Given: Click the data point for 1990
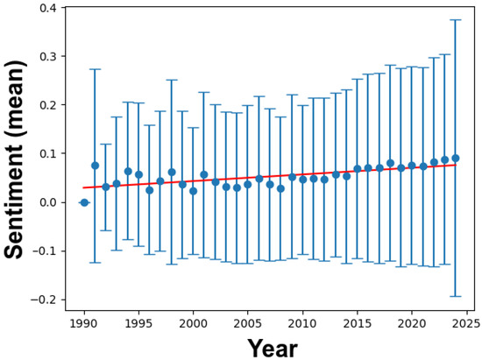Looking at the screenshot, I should [x=84, y=202].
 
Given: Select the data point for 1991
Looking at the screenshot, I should [x=95, y=166].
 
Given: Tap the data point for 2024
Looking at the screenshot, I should [x=455, y=159].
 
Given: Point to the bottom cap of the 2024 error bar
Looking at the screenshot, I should [x=455, y=297].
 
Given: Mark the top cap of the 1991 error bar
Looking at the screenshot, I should [x=95, y=69].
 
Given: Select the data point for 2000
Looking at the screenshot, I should [x=193, y=191].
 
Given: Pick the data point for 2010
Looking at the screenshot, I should [x=302, y=180].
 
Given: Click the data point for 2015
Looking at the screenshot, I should [x=357, y=169].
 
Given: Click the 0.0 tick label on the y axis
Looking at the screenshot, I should [x=55, y=202].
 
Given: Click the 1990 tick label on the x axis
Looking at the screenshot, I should [x=84, y=323].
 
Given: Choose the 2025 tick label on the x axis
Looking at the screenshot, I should [x=466, y=323].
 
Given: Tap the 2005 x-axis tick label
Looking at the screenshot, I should [x=248, y=323].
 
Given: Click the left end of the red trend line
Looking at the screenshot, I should [x=84, y=187].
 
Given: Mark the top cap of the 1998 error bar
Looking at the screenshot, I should [x=172, y=80].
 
